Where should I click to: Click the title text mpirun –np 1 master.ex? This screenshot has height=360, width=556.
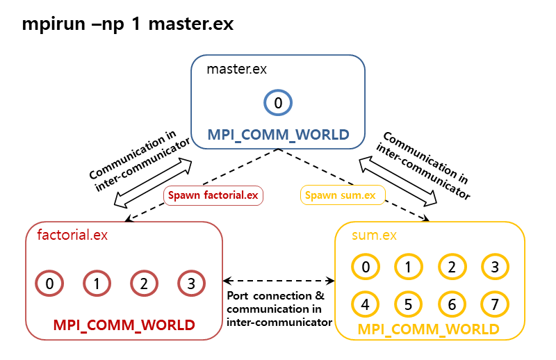(128, 24)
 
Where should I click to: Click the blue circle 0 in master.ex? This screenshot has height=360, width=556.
(278, 104)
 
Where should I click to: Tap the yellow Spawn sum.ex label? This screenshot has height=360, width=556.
(340, 195)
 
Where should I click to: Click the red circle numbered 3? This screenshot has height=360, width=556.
(191, 284)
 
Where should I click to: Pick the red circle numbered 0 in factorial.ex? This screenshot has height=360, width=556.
(49, 284)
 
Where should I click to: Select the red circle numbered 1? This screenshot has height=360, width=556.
(97, 284)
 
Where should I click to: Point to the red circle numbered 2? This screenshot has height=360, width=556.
(144, 284)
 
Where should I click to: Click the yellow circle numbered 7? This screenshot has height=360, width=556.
(495, 304)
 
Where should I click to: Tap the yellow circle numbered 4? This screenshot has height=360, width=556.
(366, 304)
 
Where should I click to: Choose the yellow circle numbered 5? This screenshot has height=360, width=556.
(409, 304)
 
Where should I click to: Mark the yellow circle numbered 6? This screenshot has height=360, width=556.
(452, 304)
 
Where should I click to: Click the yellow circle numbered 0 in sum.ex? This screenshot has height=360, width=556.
(366, 266)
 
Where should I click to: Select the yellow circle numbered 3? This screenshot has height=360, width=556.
(495, 266)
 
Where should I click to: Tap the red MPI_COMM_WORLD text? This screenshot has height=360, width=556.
(124, 325)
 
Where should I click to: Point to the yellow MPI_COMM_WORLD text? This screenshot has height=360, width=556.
(428, 328)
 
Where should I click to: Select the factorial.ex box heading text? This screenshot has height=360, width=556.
(72, 235)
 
